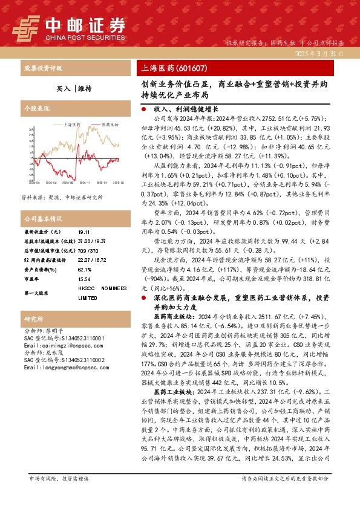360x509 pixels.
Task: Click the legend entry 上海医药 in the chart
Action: click(x=71, y=124)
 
